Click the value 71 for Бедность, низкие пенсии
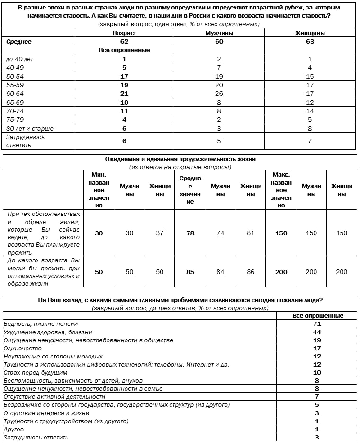pos(317,324)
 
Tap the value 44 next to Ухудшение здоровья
pos(317,332)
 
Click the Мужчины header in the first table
pos(218,33)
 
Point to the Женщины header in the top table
pos(311,33)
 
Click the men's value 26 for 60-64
pos(219,94)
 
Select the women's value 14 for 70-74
pos(311,111)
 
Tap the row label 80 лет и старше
pos(29,128)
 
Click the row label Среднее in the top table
pos(19,42)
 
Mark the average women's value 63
pos(311,42)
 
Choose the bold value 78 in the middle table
pos(190,233)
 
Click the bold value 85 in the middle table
pos(190,272)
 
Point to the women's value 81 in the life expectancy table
pos(251,233)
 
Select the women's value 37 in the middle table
pos(160,233)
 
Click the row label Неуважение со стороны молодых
pos(53,356)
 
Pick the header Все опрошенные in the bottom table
pos(317,316)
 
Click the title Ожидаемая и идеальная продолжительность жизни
pos(180,159)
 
